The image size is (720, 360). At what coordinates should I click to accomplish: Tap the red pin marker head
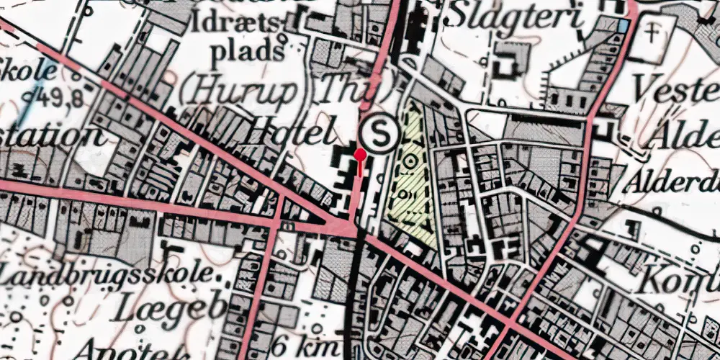359,153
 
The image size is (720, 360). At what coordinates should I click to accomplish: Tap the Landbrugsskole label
108,275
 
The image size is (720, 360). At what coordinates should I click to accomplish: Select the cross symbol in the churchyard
652,32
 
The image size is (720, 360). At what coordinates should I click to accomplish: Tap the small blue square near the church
623,26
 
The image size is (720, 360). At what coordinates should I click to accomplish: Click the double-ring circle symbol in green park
409,161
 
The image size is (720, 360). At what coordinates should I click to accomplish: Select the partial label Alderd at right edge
673,180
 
